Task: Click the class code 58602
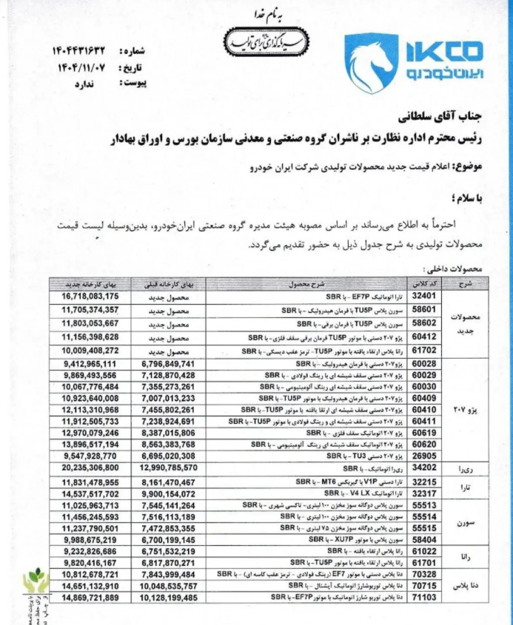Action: coord(423,323)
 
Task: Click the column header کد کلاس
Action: coord(423,283)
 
